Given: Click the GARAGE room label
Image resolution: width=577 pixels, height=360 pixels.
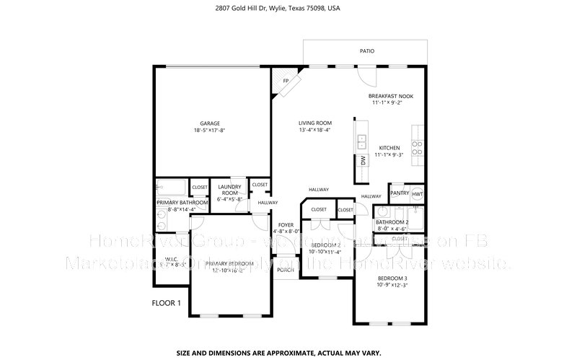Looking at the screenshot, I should click(x=210, y=123).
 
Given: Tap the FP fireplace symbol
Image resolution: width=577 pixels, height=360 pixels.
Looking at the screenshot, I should click(x=286, y=81).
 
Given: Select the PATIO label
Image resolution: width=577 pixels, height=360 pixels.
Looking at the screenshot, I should click(x=367, y=51).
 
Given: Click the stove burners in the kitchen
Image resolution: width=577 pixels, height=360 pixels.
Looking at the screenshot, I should click(x=417, y=148).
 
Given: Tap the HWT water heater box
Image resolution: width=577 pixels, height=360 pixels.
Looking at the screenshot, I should click(x=418, y=193).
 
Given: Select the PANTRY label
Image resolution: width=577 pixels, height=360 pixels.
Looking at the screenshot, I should click(x=399, y=193).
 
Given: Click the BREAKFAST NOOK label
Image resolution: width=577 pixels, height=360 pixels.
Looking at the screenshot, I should click(x=391, y=96).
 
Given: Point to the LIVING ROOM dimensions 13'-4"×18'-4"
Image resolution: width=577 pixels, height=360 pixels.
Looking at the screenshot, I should click(x=314, y=131).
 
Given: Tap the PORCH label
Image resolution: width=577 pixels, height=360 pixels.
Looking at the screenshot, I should click(x=285, y=271).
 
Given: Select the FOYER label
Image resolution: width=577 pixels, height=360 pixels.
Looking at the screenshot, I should click(x=286, y=225).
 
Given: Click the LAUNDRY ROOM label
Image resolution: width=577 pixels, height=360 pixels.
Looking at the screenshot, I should click(x=229, y=190).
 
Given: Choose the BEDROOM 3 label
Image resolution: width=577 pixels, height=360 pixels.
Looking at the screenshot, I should click(x=392, y=278).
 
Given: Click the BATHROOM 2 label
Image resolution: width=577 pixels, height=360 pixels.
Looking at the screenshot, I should click(x=397, y=222).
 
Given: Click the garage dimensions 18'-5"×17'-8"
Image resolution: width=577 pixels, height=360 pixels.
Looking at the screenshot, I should click(x=210, y=131).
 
